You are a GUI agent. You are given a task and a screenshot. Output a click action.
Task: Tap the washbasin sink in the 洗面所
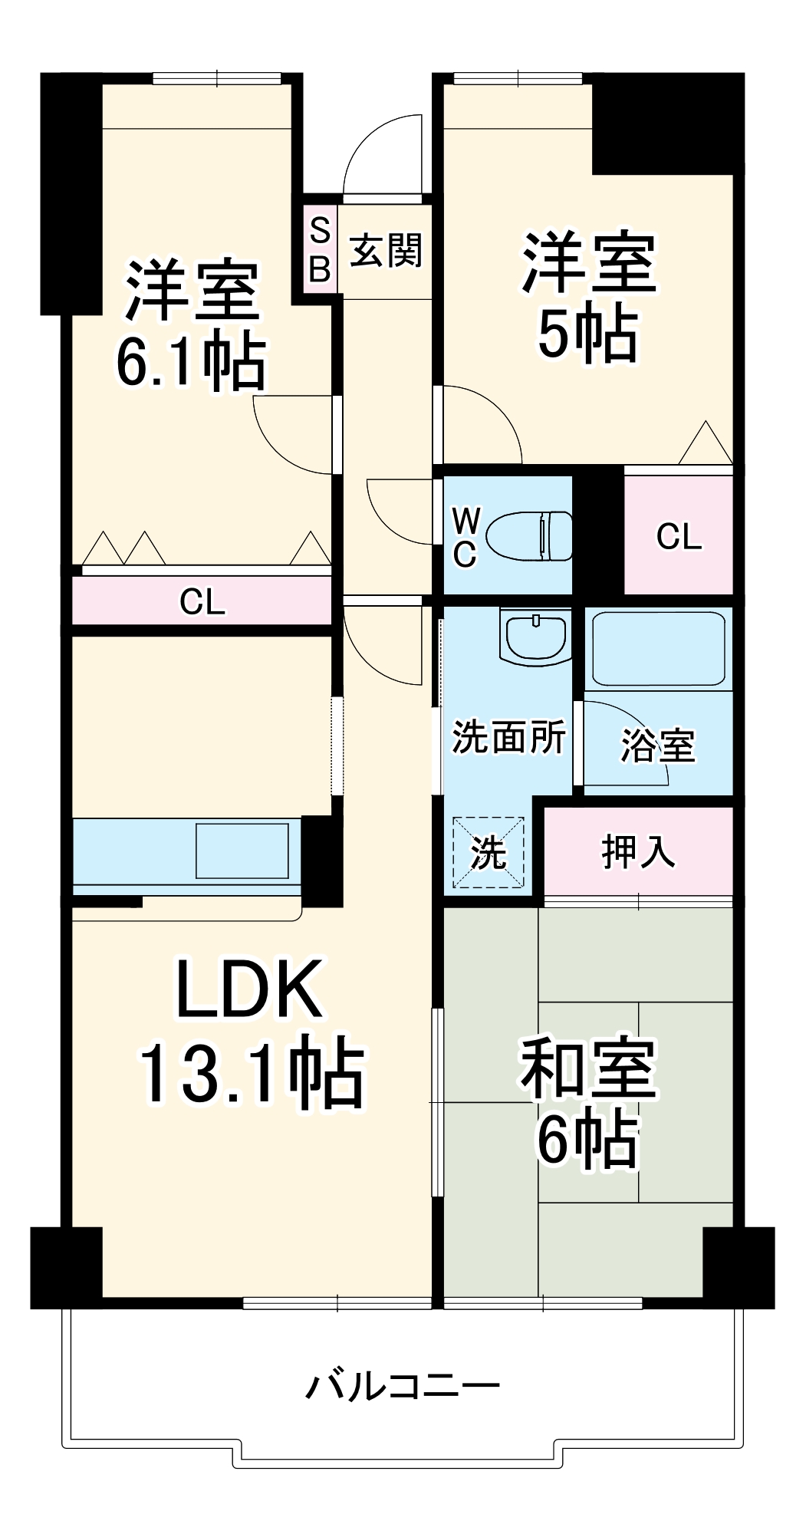pyautogui.click(x=535, y=635)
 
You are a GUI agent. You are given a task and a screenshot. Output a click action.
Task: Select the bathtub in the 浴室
pyautogui.click(x=659, y=647)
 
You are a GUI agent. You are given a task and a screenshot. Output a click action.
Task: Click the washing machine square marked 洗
pyautogui.click(x=489, y=851)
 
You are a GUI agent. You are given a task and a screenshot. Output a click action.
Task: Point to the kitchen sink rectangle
pyautogui.click(x=242, y=850)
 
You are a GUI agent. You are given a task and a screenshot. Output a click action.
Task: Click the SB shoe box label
pyautogui.click(x=320, y=249)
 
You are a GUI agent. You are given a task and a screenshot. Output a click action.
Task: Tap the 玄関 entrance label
pyautogui.click(x=386, y=250)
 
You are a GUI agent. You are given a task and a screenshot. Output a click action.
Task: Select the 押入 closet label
pyautogui.click(x=638, y=851)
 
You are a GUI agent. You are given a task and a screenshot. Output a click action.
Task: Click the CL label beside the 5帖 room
pyautogui.click(x=679, y=536)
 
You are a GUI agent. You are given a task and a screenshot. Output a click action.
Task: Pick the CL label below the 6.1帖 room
pyautogui.click(x=202, y=602)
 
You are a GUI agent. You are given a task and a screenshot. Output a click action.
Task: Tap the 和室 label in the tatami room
pyautogui.click(x=588, y=1068)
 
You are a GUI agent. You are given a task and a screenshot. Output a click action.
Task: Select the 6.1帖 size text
pyautogui.click(x=192, y=360)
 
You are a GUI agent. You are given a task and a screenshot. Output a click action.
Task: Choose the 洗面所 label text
pyautogui.click(x=508, y=738)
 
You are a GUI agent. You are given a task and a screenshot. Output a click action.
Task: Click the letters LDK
pyautogui.click(x=249, y=989)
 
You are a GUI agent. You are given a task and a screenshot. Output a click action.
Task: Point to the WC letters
pyautogui.click(x=465, y=538)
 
